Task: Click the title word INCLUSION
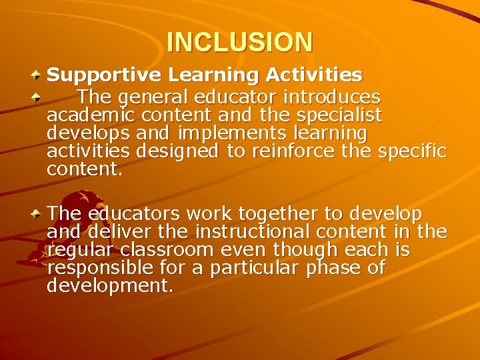pyautogui.click(x=239, y=42)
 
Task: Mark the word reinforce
pyautogui.click(x=291, y=151)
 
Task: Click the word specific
pyautogui.click(x=412, y=151)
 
